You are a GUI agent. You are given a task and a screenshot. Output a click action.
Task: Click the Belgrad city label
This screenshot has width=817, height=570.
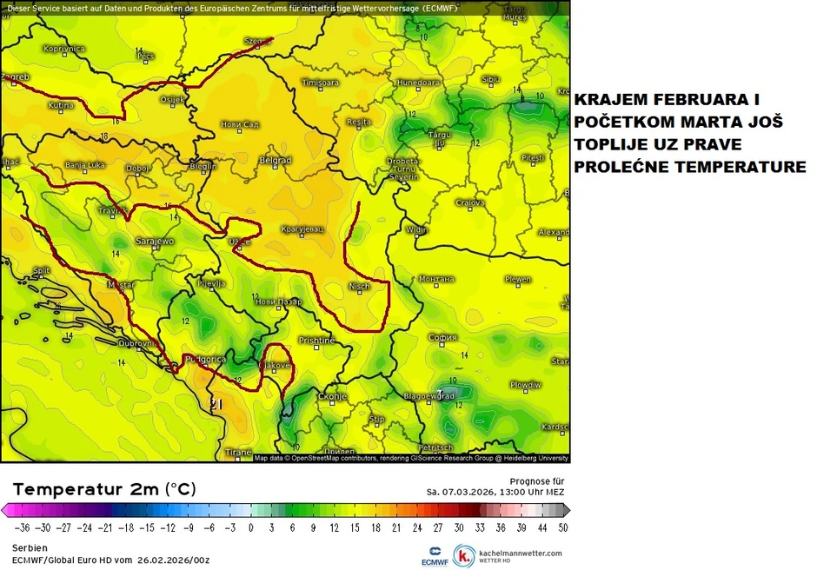tap(275, 161)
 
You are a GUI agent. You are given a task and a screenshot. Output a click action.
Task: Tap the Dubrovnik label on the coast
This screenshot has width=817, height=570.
tap(136, 344)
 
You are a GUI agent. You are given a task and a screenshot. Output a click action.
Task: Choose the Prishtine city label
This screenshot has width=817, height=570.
tap(316, 341)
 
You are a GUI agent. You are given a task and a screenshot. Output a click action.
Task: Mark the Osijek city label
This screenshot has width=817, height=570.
tap(173, 100)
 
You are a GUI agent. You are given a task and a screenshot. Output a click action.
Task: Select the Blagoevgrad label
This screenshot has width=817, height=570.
tap(430, 396)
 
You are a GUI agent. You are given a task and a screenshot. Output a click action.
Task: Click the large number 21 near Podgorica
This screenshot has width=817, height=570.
tap(217, 403)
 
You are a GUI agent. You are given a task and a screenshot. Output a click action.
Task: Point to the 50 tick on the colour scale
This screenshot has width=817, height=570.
tap(563, 527)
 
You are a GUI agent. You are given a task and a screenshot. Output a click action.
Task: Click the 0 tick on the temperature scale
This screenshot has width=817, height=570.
tap(251, 527)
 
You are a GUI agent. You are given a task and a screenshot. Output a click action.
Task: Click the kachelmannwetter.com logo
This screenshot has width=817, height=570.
tap(509, 553)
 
